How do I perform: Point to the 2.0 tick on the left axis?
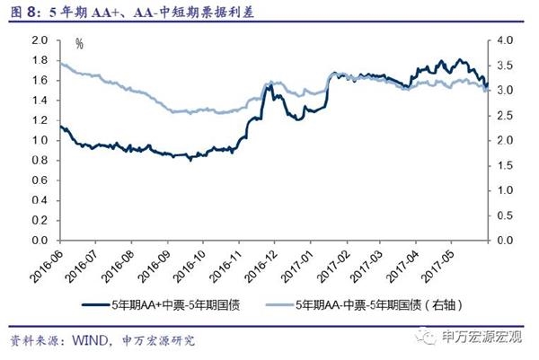point(38,40)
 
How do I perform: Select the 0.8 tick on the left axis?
point(38,161)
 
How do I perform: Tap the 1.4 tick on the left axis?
point(38,101)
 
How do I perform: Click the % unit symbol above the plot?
point(79,43)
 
